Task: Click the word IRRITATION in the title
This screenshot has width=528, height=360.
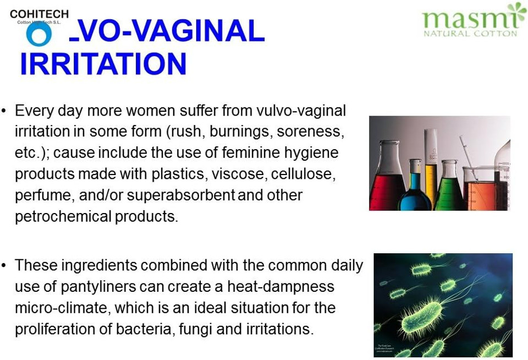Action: (103, 64)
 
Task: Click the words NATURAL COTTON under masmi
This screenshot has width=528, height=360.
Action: (470, 34)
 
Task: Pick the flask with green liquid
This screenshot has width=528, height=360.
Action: (449, 187)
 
